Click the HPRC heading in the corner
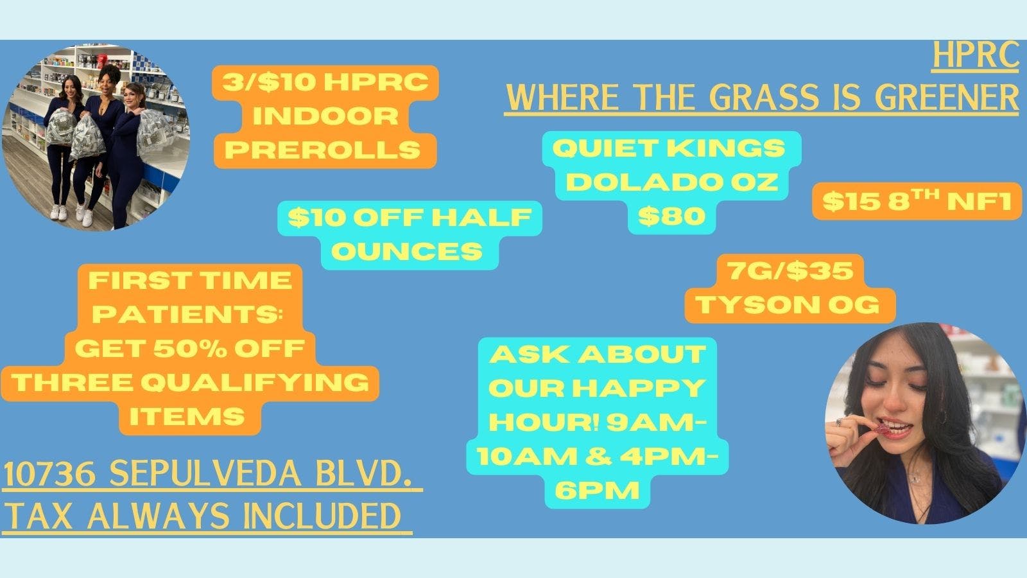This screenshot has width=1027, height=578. point(975,56)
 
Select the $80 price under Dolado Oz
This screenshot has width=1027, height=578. point(671,216)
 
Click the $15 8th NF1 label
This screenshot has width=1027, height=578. point(917,202)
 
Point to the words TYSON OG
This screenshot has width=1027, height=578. point(789,304)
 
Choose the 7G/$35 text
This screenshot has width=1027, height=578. point(790,270)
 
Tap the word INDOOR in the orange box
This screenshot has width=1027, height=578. point(325,116)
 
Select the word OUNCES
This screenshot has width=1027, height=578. point(407,251)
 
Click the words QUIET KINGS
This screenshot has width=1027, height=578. point(669,148)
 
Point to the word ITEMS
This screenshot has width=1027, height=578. point(187,416)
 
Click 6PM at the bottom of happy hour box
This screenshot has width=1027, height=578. point(598,491)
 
